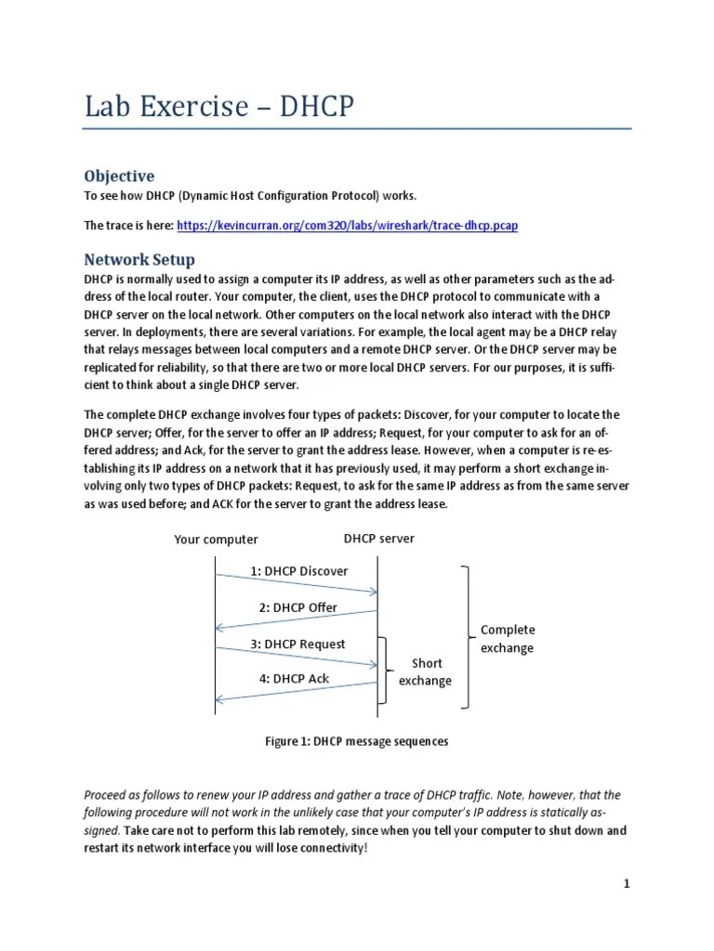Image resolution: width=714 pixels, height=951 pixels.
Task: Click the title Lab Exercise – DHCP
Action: point(219,107)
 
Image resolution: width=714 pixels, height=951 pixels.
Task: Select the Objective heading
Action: point(119,176)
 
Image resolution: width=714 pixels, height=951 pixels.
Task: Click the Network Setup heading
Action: point(139,259)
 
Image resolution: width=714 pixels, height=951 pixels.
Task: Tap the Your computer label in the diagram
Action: point(216,540)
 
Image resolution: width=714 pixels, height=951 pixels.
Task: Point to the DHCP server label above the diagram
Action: point(378,539)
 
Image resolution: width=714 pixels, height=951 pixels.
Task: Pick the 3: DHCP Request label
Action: point(297,644)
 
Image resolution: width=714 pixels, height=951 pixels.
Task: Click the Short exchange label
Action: point(425,671)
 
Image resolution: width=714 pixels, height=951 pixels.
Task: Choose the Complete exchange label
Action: point(508,638)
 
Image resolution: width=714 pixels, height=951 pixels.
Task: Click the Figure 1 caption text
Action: point(357,741)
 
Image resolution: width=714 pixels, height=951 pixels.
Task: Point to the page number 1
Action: point(627,884)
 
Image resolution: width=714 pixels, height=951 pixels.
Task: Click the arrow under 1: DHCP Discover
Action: point(297,584)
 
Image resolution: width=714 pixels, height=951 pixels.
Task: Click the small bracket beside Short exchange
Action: point(385,671)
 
